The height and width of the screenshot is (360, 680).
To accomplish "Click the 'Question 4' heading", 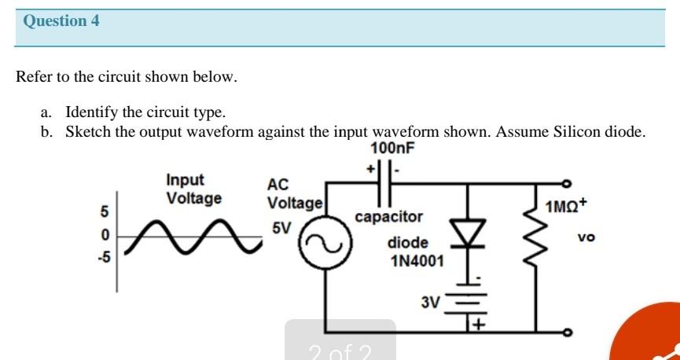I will [x=61, y=21].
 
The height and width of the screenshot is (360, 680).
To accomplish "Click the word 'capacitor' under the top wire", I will [x=388, y=216].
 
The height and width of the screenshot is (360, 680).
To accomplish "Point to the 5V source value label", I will [x=281, y=229].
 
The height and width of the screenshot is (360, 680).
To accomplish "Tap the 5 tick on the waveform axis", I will [x=103, y=212].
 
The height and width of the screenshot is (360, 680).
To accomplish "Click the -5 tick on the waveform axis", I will [x=103, y=257].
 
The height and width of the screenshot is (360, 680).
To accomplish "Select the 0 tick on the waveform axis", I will [x=103, y=236].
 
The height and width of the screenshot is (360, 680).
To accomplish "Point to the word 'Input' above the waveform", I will [x=185, y=180].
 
